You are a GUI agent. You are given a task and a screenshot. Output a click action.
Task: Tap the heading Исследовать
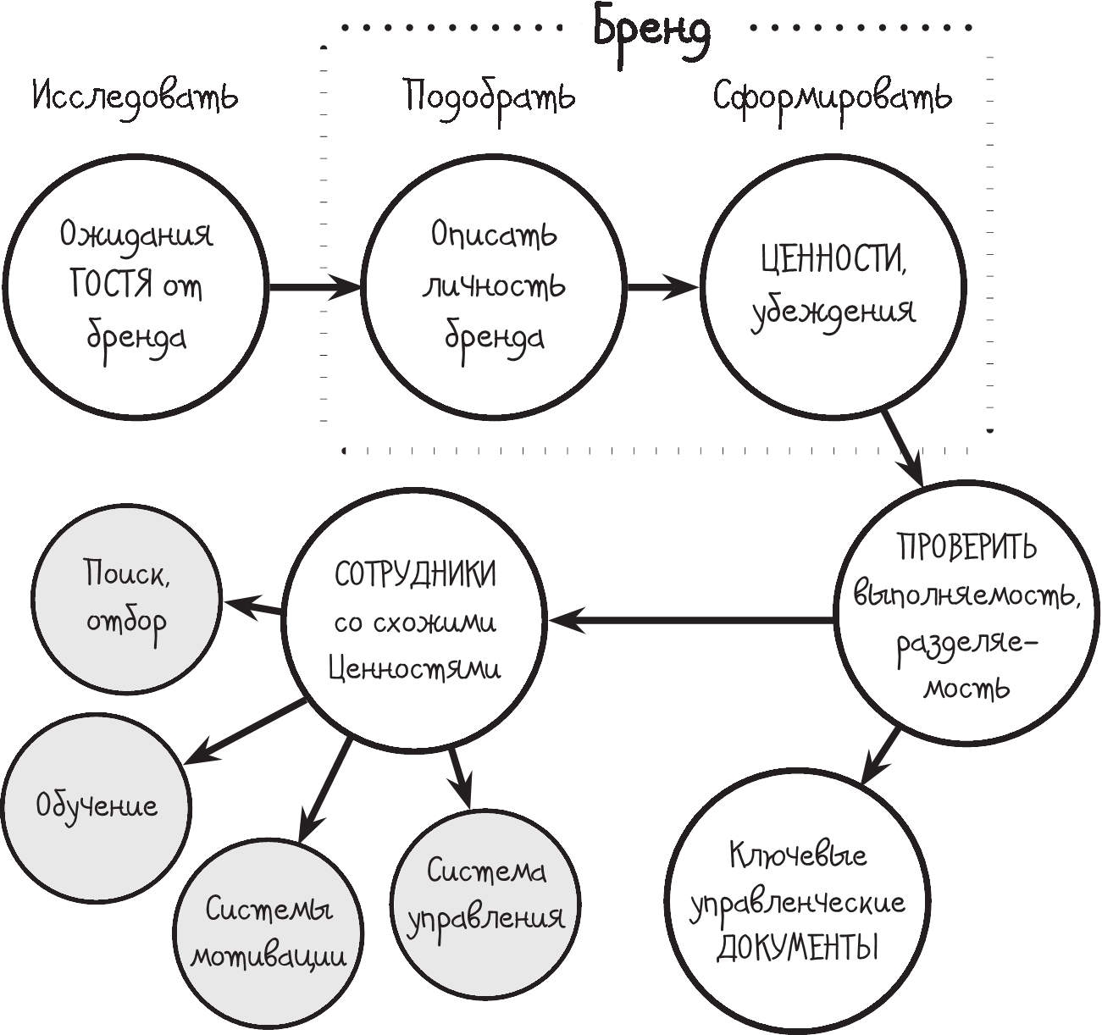point(136,97)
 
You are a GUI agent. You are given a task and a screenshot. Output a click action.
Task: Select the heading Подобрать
point(489,97)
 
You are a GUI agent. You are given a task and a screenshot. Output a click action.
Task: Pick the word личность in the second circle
point(494,286)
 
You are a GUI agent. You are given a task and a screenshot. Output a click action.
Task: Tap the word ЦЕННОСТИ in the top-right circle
point(833,260)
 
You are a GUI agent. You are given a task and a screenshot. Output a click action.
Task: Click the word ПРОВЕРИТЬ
point(966,547)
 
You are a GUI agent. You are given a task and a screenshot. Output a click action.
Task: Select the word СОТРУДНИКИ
point(415,575)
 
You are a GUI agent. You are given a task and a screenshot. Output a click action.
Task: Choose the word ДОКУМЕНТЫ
point(797,948)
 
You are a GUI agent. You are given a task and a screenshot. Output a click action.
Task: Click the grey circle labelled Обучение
point(96,805)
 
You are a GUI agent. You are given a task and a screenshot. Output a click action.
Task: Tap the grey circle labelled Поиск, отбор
point(127,598)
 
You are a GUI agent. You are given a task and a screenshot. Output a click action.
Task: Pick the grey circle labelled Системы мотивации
point(269,932)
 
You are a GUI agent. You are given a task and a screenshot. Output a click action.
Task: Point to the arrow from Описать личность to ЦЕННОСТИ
point(662,287)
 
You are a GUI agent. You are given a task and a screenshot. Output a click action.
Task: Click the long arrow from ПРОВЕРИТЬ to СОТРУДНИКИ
point(690,621)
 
